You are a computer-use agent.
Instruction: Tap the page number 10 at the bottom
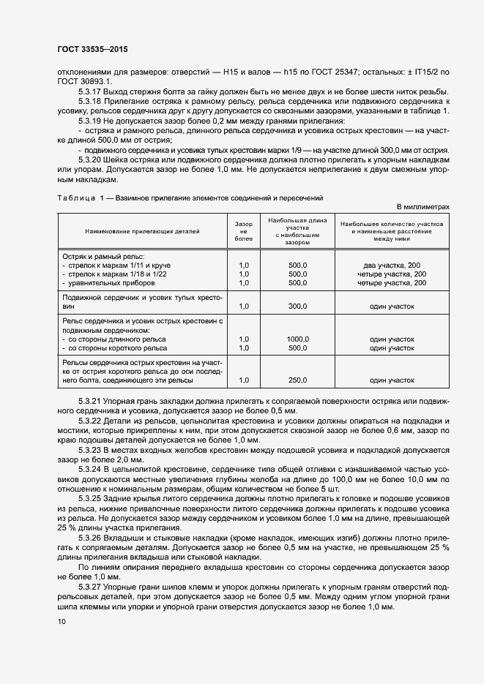61,622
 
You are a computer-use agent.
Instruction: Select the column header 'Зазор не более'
243,230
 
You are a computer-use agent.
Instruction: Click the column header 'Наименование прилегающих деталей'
141,230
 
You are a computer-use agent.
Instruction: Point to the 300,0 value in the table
297,307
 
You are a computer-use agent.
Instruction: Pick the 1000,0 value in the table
297,339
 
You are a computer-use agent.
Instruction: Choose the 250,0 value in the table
297,380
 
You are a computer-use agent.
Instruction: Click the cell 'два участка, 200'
392,265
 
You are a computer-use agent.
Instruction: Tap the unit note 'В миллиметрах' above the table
423,207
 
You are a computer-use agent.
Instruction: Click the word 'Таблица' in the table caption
75,198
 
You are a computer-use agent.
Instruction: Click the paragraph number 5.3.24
90,467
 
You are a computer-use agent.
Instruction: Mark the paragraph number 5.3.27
90,587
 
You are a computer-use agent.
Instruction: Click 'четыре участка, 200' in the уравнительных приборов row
392,282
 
